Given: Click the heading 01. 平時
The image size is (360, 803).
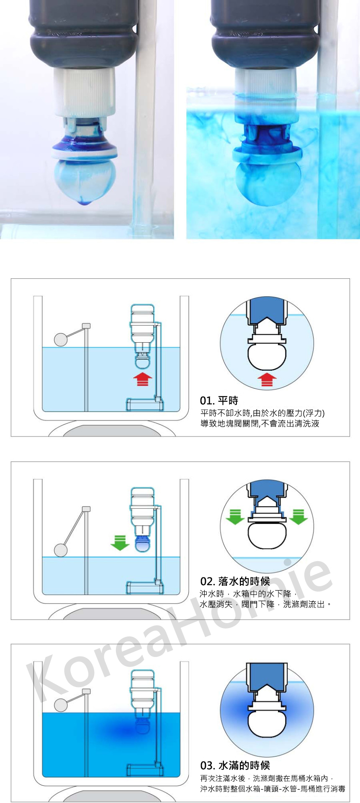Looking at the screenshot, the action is tap(219, 400).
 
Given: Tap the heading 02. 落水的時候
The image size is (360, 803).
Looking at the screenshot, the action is tap(235, 581).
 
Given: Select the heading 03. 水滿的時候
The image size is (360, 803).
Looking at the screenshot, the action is tap(235, 765).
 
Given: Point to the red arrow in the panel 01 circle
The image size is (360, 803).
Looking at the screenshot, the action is tap(267, 380).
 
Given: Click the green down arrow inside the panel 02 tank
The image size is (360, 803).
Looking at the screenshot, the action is tap(120, 543).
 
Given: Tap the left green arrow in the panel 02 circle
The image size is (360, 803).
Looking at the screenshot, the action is tap(235, 517).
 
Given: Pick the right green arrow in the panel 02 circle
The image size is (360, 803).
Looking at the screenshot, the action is tap(298, 517).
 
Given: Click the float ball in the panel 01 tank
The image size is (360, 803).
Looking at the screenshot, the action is tap(61, 339).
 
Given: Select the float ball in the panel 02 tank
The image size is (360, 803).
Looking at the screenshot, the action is tap(61, 550).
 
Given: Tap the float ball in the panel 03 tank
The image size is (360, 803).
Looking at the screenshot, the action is tap(61, 705).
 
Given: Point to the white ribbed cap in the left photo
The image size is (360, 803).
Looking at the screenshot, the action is tap(84, 92).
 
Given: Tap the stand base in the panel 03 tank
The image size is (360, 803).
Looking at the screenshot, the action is tap(145, 770).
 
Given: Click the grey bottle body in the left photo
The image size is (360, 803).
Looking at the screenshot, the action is tap(84, 33).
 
